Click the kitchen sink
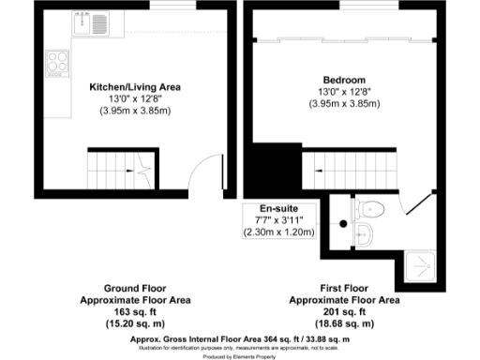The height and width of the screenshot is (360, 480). (x=95, y=23)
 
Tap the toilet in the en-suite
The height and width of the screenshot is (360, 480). (x=371, y=208)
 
